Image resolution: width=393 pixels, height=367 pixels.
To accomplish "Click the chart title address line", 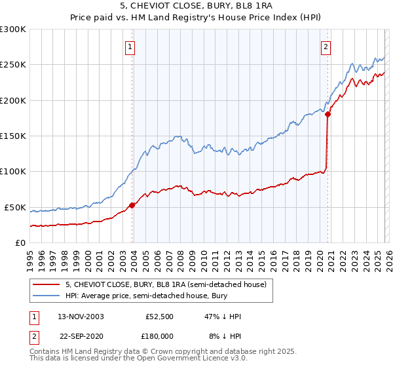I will (x=196, y=7).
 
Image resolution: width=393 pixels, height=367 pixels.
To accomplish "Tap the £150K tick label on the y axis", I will (x=13, y=136).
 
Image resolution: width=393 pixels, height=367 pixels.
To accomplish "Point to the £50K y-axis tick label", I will (x=15, y=208).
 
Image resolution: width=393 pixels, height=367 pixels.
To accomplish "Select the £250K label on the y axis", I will (x=13, y=65).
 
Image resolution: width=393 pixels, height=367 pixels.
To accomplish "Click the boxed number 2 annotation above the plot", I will (x=326, y=47).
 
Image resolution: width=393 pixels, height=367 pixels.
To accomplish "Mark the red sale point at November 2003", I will (x=132, y=205).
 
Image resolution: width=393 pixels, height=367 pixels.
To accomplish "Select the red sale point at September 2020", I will (x=327, y=114).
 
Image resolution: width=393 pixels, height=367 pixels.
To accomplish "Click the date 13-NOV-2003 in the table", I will (x=81, y=317).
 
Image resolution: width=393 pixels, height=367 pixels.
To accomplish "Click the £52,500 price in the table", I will (x=157, y=317).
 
